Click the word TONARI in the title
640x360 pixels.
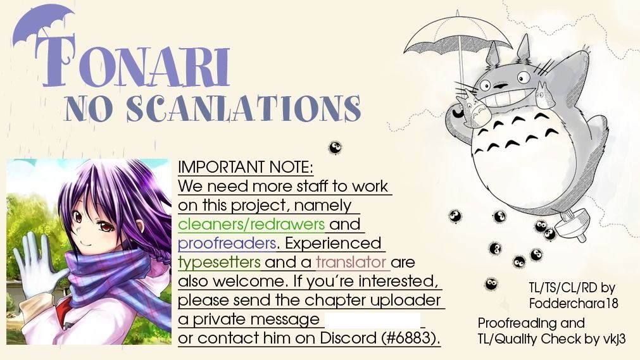(x=133, y=61)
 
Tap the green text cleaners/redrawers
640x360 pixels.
(x=251, y=224)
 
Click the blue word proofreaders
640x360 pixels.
(x=227, y=243)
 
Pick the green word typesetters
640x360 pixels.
(x=219, y=263)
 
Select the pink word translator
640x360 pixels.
(x=351, y=262)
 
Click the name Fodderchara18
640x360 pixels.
(x=574, y=303)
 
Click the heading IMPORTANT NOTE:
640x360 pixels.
(x=246, y=167)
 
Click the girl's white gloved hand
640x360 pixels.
(x=37, y=265)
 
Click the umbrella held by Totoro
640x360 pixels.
(x=457, y=41)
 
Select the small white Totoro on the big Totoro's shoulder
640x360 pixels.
(x=544, y=96)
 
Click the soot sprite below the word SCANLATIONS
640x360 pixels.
(x=335, y=148)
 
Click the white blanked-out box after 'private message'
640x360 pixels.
(x=372, y=320)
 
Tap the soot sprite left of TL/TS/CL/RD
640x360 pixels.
(x=491, y=283)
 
